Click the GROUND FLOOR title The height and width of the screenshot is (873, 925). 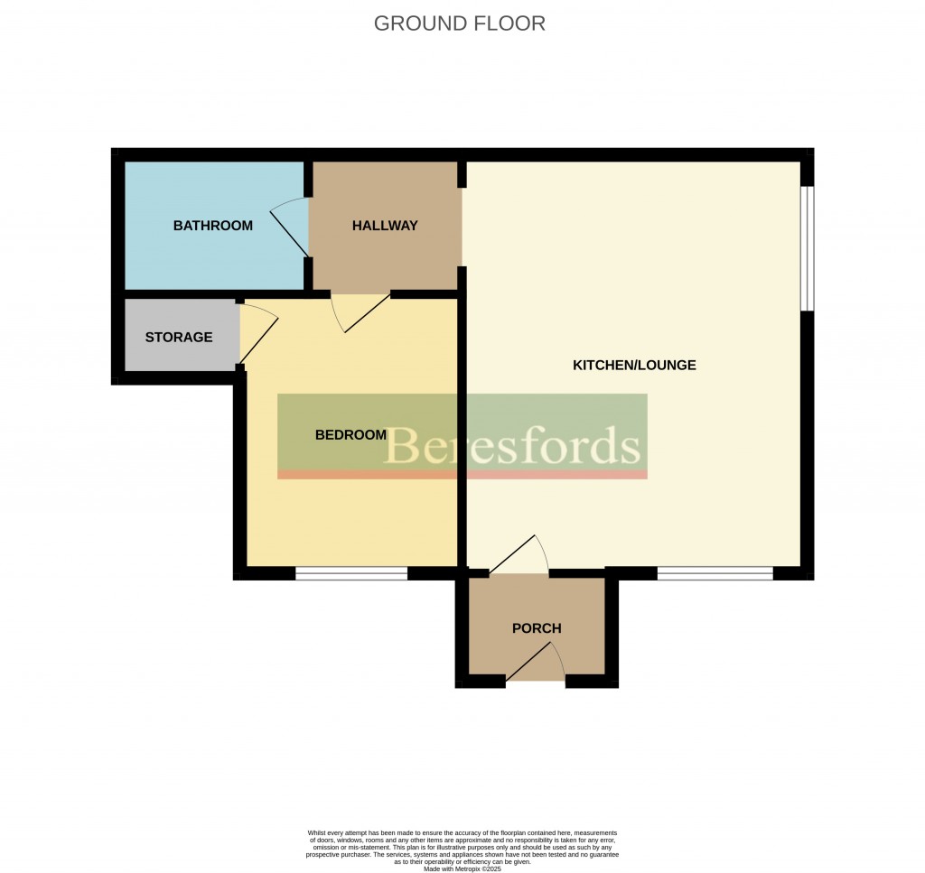460,23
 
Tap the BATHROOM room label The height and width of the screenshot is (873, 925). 213,225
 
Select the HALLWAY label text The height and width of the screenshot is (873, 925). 385,225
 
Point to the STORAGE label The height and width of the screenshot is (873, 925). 179,337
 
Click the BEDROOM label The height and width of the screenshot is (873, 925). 351,435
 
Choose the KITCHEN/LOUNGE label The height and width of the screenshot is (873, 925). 634,365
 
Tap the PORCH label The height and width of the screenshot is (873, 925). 537,628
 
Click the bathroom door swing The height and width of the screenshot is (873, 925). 289,227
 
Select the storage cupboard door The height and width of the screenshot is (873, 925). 258,333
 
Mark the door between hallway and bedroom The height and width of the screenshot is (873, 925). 361,312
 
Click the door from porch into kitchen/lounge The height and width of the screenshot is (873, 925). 519,554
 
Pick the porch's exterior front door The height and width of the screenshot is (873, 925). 535,662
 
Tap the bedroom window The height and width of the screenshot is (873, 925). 351,573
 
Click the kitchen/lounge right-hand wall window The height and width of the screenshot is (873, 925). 807,248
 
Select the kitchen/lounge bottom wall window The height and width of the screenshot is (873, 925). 715,573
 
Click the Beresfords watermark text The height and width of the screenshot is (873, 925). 511,446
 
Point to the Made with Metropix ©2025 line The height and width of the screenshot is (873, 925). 462,868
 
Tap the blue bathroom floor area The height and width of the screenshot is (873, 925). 214,225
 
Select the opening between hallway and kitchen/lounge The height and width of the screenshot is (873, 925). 462,227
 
